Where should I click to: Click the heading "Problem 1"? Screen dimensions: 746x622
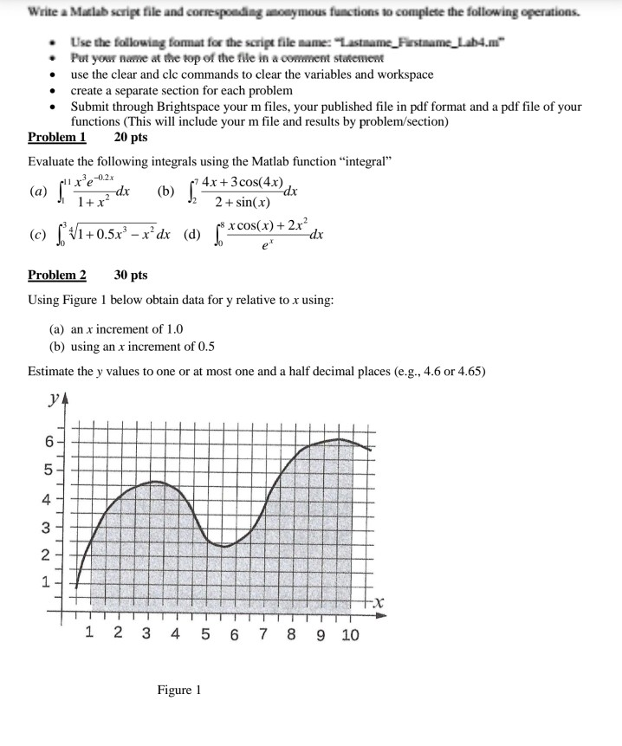click(x=57, y=137)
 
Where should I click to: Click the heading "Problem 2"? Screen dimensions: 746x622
click(x=57, y=275)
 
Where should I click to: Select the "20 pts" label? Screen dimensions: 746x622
click(x=132, y=137)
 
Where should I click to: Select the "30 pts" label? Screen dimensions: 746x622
click(x=132, y=275)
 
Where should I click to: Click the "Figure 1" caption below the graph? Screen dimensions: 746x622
click(x=179, y=691)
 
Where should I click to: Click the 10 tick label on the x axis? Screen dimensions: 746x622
click(x=350, y=636)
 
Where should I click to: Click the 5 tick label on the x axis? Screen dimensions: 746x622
click(x=204, y=636)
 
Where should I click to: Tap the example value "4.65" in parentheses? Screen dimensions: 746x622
click(x=467, y=371)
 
